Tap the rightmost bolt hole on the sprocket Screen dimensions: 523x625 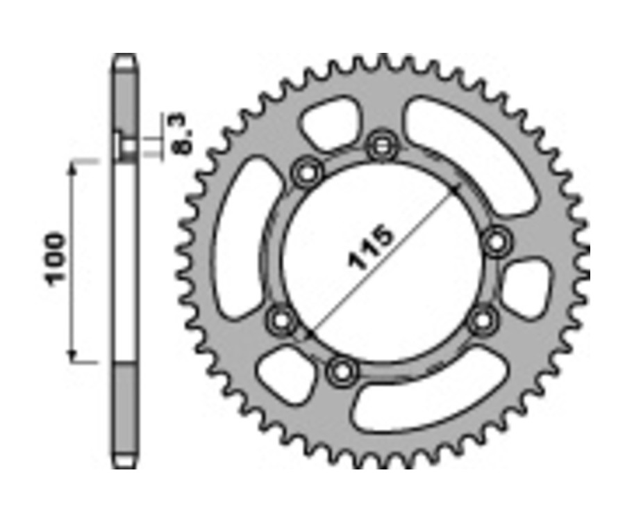tap(497, 242)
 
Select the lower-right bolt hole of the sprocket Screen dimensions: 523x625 tap(481, 321)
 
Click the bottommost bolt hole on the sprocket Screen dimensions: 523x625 tap(341, 372)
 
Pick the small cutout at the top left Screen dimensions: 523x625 tap(331, 123)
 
